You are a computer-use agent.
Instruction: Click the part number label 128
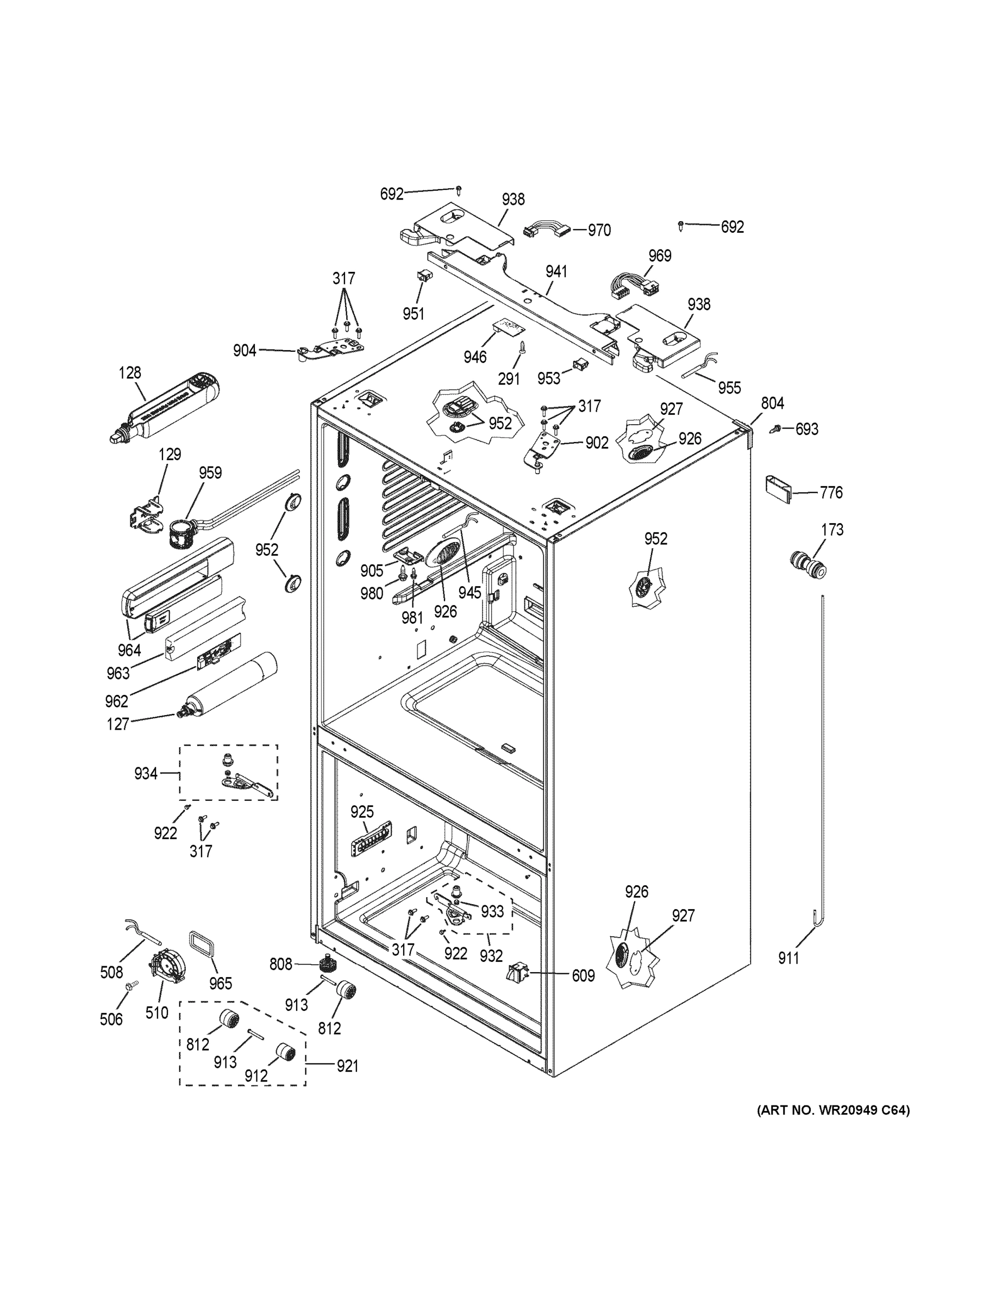[129, 373]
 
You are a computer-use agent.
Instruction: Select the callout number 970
[599, 230]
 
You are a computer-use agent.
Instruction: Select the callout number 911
[788, 959]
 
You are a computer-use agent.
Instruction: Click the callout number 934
[146, 774]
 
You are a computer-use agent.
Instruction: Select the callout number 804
[772, 403]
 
